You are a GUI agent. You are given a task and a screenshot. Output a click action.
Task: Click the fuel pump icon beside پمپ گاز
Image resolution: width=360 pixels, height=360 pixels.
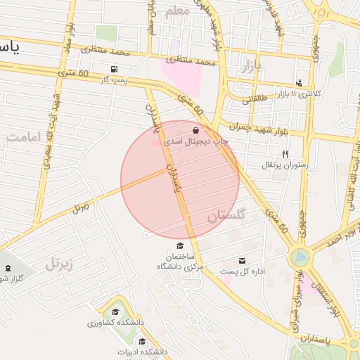114,70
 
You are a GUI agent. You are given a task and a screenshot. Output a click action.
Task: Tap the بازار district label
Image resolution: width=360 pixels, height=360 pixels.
252,67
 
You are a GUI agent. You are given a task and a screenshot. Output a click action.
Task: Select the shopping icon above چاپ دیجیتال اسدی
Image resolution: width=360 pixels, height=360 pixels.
195,130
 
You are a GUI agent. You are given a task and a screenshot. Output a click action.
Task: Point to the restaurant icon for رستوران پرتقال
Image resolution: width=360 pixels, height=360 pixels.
285,153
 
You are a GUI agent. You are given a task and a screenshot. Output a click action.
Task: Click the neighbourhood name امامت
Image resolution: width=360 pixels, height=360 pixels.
27,138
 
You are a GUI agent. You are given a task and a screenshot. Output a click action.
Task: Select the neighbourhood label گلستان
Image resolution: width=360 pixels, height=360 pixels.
226,216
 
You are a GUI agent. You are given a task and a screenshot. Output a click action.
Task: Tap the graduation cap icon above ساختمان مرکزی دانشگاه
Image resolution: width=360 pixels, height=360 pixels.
180,245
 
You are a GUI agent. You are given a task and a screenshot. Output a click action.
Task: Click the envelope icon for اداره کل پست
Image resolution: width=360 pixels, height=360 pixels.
243,260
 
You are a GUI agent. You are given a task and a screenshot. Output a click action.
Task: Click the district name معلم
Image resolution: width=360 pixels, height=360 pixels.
177,12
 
